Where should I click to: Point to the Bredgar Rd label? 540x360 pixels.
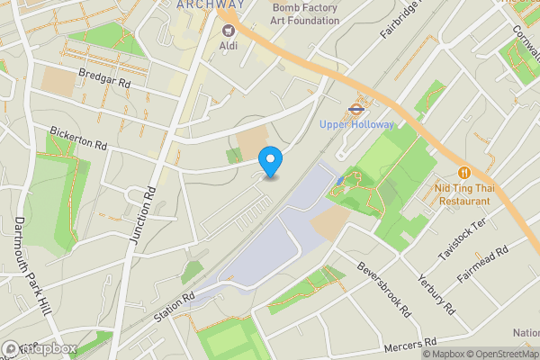[104, 80]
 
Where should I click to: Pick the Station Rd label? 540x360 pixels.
[174, 306]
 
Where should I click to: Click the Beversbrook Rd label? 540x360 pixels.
[384, 289]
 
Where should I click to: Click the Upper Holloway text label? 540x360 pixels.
[357, 124]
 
